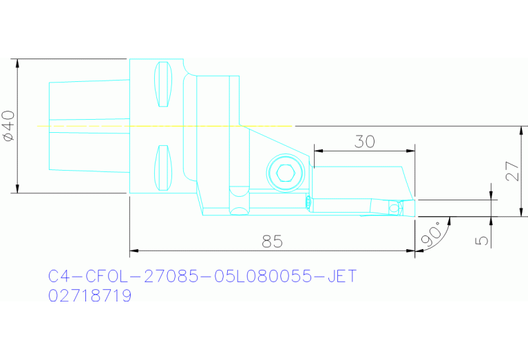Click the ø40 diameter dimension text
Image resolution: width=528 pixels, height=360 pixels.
(8, 126)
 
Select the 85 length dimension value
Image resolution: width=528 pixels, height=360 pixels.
(272, 242)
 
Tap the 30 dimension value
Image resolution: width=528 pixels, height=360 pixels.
(364, 142)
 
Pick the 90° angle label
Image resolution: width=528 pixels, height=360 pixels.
(432, 235)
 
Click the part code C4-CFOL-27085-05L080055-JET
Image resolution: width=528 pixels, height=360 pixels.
(202, 277)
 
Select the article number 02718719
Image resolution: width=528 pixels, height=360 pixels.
(89, 296)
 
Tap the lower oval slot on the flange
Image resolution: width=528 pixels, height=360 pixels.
(162, 168)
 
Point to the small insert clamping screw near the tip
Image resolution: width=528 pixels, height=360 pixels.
(394, 207)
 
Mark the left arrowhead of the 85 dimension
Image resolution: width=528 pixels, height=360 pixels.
(134, 250)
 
